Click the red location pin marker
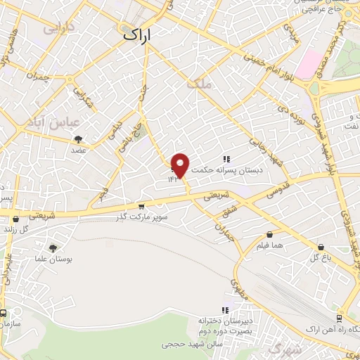click(181, 165)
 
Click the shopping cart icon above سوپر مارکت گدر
click(141, 207)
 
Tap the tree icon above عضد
click(77, 139)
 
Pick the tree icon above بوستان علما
click(53, 247)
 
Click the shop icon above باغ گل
click(321, 247)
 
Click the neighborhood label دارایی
click(58, 30)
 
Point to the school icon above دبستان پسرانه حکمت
click(227, 159)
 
